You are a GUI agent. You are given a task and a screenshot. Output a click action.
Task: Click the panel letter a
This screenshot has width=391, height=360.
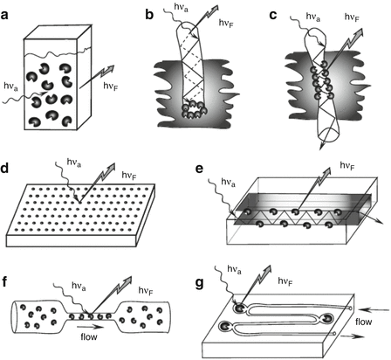coord(5,15)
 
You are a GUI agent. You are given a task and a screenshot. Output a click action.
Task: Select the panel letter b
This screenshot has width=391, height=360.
coord(149,14)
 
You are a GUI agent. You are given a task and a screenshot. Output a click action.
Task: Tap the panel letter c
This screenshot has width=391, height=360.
coord(273,15)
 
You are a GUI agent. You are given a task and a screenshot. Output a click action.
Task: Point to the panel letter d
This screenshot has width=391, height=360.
coord(6,170)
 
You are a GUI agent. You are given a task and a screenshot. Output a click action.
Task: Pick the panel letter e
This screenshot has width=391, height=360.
coord(199,169)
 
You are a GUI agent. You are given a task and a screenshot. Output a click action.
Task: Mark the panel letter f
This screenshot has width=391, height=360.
coord(4,282)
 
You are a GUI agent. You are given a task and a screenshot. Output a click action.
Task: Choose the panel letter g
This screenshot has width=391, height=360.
coord(200,284)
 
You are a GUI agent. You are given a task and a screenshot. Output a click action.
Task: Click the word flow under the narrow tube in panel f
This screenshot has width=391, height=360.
coord(89,337)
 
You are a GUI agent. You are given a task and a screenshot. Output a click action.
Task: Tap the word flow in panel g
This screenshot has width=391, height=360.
coord(363,322)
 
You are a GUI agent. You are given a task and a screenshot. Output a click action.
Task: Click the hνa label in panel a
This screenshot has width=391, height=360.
coord(10,87)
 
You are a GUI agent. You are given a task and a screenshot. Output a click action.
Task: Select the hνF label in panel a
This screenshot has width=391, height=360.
coord(111,86)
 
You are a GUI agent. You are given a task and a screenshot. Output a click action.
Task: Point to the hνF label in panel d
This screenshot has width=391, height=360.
coord(129,176)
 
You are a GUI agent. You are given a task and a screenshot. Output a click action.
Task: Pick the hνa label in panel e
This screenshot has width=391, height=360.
coord(229,183)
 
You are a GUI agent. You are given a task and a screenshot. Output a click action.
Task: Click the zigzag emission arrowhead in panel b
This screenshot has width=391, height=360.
coord(214,9)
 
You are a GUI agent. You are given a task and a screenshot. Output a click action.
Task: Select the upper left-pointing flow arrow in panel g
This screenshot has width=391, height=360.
coord(376,310)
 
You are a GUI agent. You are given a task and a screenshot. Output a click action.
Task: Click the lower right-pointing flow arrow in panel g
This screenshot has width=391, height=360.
coord(353,336)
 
